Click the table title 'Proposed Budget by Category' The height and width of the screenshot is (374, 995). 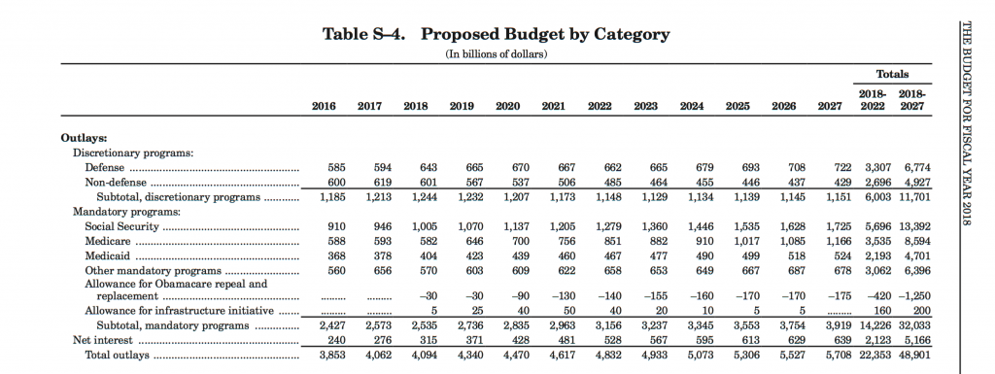tap(545, 35)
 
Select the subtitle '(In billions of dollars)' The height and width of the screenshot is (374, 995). tap(497, 54)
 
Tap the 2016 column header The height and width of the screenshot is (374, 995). tap(324, 107)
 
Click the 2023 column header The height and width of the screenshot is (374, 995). tap(645, 107)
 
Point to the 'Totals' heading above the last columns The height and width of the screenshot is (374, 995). tap(892, 74)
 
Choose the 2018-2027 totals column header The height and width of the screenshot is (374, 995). tap(912, 101)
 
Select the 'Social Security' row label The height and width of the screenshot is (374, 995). tap(121, 226)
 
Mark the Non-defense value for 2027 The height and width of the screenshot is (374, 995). tap(843, 183)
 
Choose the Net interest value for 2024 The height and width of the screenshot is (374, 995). tap(705, 340)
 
